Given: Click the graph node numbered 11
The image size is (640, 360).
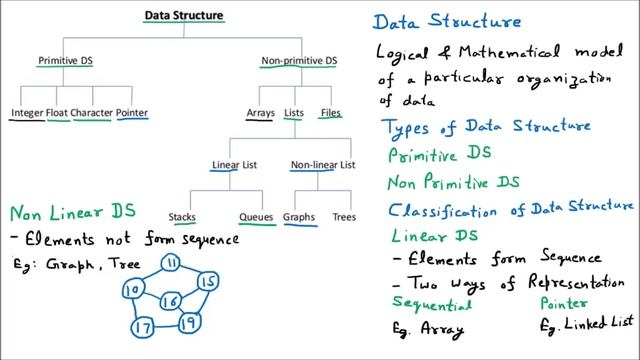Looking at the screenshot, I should (x=171, y=263).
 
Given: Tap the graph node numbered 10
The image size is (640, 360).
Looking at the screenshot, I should (x=131, y=290).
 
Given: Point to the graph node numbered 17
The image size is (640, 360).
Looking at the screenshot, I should (x=142, y=327).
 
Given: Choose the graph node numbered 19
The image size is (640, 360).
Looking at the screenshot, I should (x=187, y=322).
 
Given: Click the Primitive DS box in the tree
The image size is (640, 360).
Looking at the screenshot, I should (x=65, y=61).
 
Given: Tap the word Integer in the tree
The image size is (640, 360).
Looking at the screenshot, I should (x=27, y=113).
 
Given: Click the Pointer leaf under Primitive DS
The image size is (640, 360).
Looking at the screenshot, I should (x=132, y=113).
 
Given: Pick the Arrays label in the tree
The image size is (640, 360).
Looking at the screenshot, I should (x=259, y=113).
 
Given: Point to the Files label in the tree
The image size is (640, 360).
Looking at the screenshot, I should (x=330, y=113).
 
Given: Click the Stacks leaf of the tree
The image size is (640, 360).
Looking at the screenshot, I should (x=182, y=216).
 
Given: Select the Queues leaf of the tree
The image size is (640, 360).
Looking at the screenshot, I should (x=256, y=216).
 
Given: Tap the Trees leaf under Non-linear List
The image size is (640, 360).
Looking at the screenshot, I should (x=344, y=216).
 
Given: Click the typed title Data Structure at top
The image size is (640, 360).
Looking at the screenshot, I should (x=184, y=15).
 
